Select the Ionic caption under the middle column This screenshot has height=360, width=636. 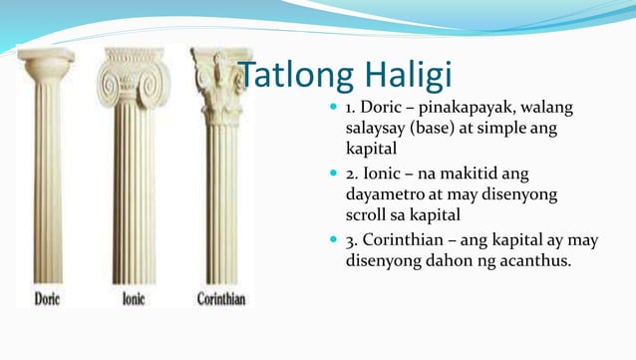pos(134,297)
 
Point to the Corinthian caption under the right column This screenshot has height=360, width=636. pos(220,297)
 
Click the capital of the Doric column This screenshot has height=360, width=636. pos(47,66)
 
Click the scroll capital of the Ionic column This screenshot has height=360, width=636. pos(133,75)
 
